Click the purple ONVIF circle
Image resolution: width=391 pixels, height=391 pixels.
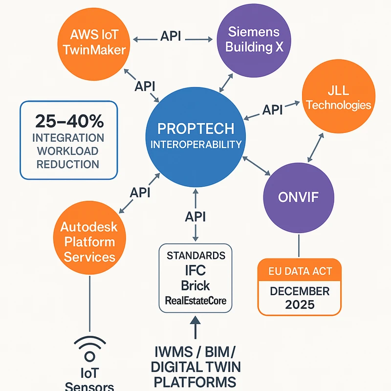click(299, 197)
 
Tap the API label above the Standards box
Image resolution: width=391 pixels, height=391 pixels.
click(195, 216)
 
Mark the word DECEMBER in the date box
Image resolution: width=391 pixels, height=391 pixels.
click(299, 291)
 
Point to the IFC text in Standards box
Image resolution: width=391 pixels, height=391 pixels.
click(195, 271)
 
